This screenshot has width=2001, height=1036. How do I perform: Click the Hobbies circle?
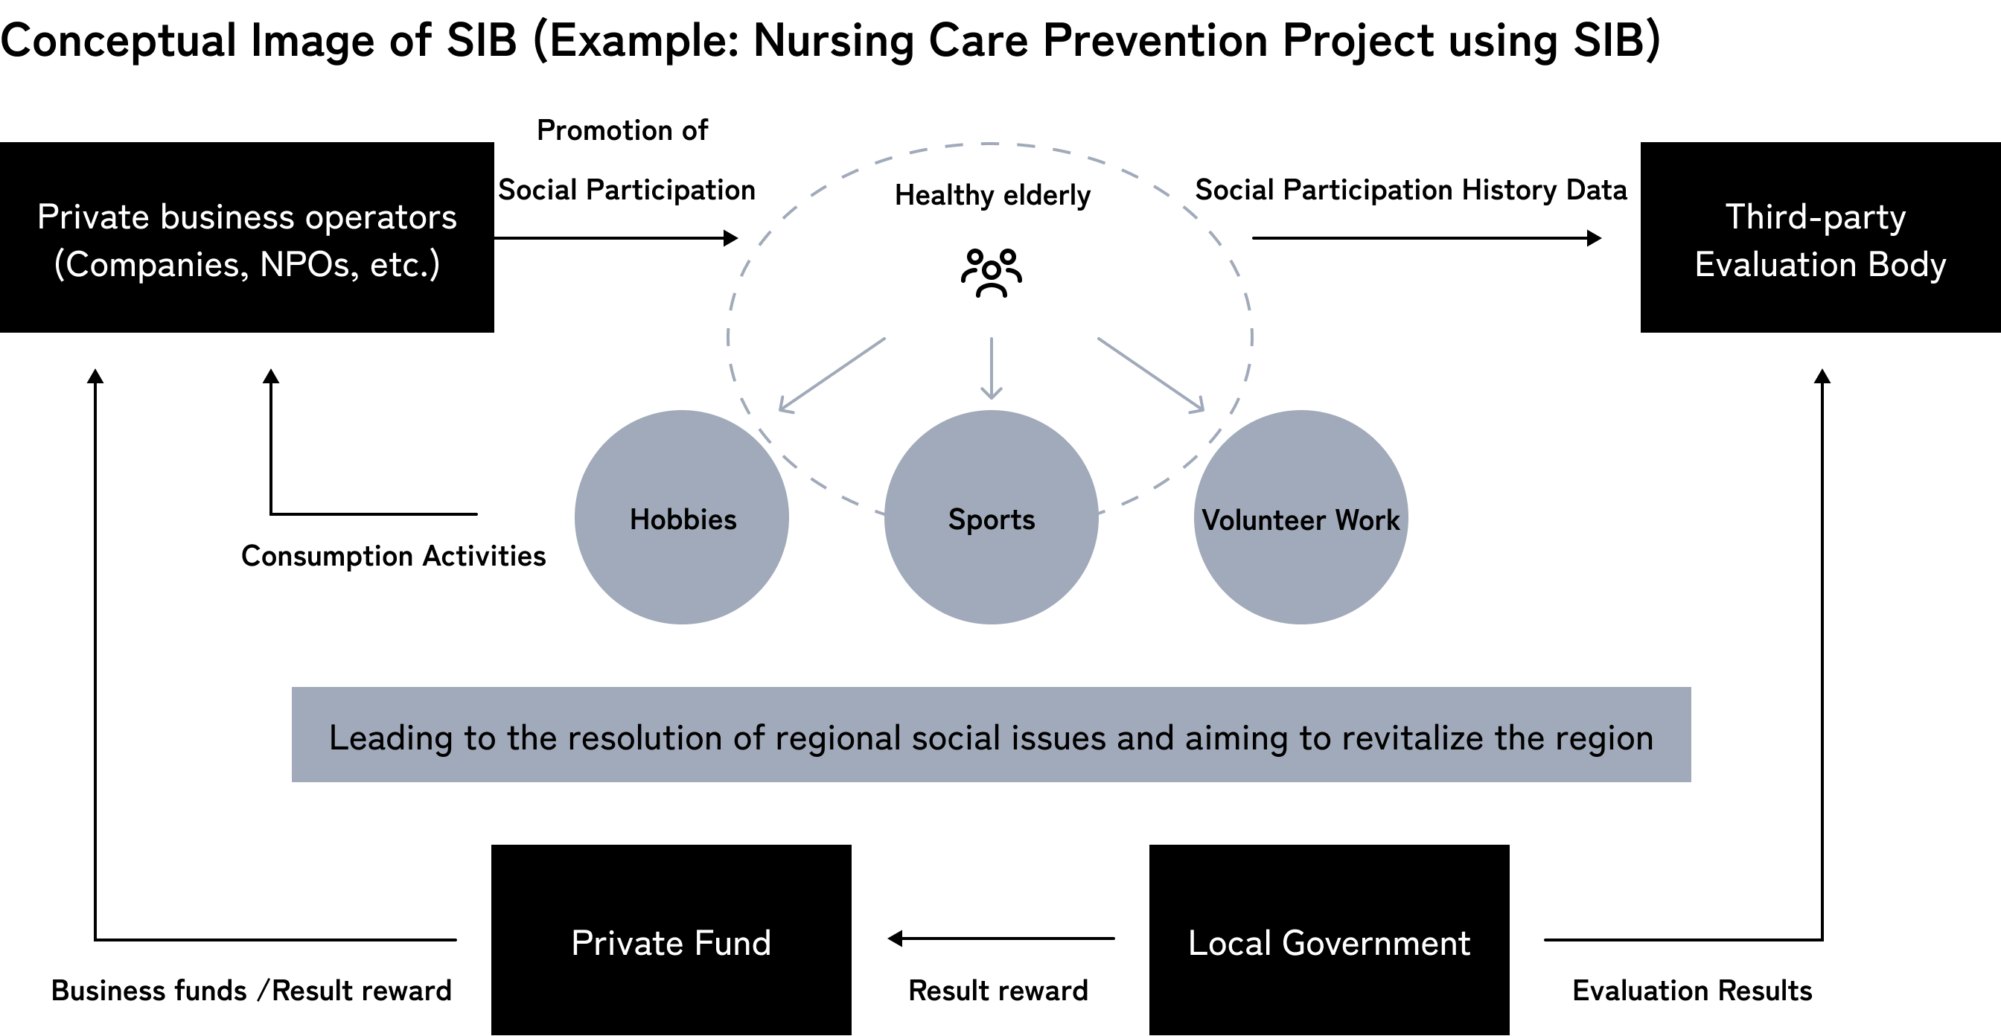click(x=682, y=517)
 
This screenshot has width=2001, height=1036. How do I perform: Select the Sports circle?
click(x=991, y=517)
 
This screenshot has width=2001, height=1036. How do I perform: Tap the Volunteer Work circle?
click(x=1301, y=517)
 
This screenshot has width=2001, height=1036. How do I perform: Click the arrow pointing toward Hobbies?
click(x=832, y=374)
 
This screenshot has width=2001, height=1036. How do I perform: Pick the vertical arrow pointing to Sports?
click(x=991, y=368)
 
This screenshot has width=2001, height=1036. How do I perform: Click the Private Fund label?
click(x=671, y=944)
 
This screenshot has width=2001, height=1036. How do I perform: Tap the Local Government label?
click(x=1329, y=944)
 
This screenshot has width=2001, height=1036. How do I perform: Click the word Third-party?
click(x=1816, y=217)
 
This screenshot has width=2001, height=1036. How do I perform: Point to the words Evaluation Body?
click(x=1820, y=265)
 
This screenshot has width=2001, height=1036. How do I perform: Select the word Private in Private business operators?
click(x=93, y=217)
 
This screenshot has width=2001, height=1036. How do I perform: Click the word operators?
click(x=380, y=217)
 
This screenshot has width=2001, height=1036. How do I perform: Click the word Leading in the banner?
click(x=391, y=738)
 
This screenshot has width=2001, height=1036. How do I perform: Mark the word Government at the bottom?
click(x=1376, y=944)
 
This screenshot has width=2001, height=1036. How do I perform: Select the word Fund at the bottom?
click(x=732, y=944)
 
